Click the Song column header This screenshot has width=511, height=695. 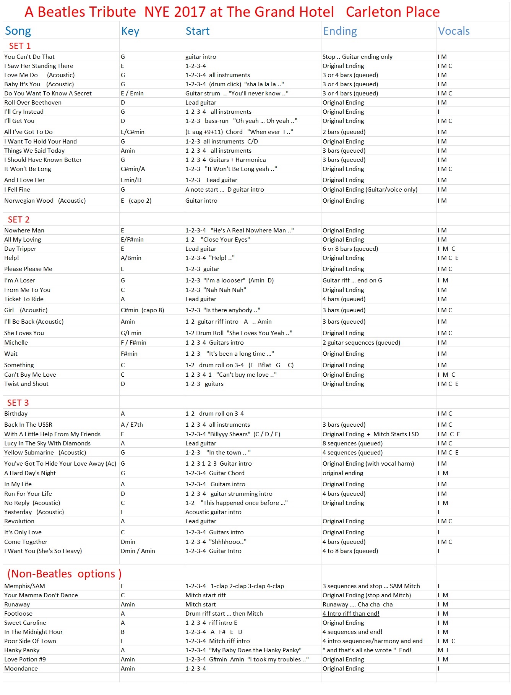coord(18,31)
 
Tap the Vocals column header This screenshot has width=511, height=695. coord(454,31)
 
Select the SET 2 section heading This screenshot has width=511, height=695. coord(19,219)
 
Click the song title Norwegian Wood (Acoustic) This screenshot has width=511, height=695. coord(45,200)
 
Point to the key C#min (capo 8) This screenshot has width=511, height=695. coord(142,310)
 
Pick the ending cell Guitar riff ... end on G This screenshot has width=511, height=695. coord(352,280)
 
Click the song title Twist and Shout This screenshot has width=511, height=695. coord(26,384)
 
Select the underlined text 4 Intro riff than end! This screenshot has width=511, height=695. coord(351,613)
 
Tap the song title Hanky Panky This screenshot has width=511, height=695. coord(22,650)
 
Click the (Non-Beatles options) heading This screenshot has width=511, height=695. coord(64,574)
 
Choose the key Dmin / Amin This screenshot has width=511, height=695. coord(138,551)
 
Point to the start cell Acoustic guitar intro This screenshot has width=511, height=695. coord(213,512)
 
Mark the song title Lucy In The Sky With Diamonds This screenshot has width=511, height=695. coord(47,443)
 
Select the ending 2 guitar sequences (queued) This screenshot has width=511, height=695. coord(361,342)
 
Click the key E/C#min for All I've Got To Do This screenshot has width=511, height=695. coord(132,132)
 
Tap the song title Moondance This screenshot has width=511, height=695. coord(21,668)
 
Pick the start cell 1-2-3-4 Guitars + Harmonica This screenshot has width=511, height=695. coord(225,160)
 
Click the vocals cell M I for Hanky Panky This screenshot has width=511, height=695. coord(443,650)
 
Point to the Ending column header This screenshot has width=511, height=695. coord(340,31)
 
